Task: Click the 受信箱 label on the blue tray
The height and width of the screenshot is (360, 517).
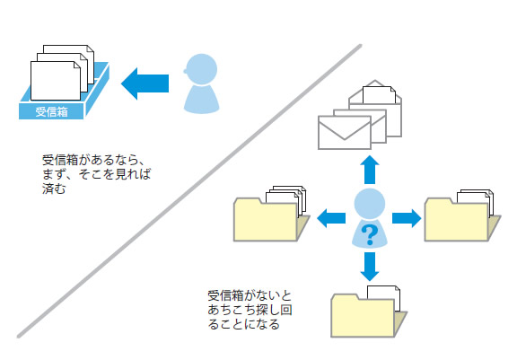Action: coord(51,111)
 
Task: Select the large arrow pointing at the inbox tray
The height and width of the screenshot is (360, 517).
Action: coord(145,83)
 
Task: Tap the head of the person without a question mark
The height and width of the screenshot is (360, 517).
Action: coord(201,69)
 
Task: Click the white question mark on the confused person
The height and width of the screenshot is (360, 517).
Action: coord(370,234)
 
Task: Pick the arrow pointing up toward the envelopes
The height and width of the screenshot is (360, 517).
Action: coord(370,170)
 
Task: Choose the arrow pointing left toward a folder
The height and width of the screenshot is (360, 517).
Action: coord(331,218)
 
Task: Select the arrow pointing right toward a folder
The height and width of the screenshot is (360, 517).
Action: coord(407,218)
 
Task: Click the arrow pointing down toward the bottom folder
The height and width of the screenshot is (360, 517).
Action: coord(370,267)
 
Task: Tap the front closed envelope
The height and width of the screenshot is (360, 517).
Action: coord(345,133)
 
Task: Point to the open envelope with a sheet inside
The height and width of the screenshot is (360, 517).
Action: coord(375,109)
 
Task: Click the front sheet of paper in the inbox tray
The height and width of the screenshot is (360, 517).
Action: coord(56,81)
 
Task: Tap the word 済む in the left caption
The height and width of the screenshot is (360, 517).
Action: coord(54,189)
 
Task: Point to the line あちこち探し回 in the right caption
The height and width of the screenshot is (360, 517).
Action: coord(250,310)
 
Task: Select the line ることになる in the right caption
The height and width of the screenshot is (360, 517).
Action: coord(244,324)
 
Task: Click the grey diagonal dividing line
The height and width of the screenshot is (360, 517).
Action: coord(189,191)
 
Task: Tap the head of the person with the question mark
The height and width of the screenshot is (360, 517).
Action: coord(370,204)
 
